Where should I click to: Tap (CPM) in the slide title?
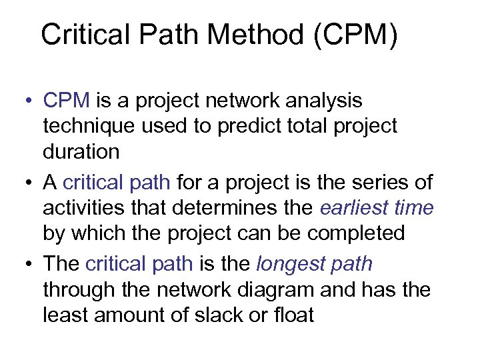coord(356,35)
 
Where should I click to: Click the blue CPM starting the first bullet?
coord(66,101)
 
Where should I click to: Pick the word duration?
coord(81,151)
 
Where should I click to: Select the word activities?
coord(85,207)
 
